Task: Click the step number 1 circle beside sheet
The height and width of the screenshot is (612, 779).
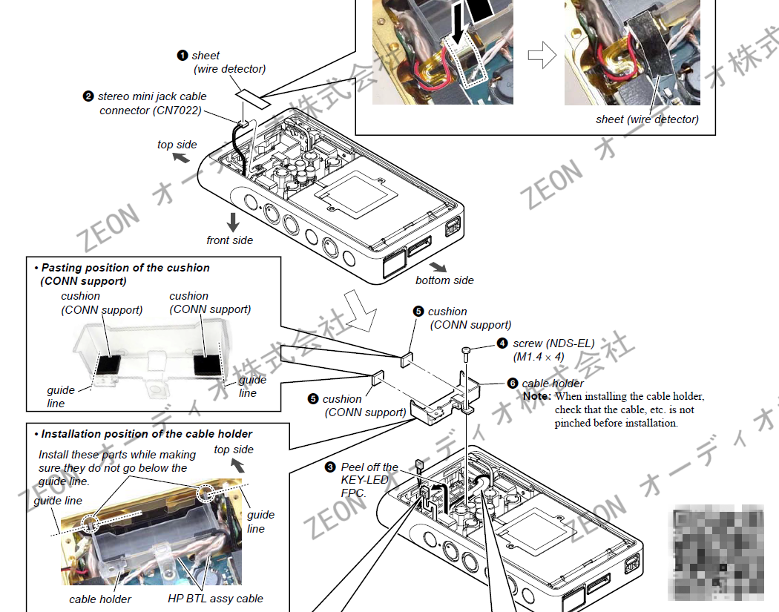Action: coord(183,56)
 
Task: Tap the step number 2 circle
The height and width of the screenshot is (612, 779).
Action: coord(88,96)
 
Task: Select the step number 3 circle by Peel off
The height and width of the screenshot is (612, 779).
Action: coord(330,467)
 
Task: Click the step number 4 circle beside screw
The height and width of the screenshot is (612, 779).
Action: coord(502,343)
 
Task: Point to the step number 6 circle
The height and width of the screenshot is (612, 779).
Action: coord(513,384)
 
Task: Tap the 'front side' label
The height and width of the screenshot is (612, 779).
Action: coord(229,240)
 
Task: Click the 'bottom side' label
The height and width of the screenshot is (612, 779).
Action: coord(444,280)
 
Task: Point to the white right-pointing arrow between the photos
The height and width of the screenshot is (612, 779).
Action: coord(542,56)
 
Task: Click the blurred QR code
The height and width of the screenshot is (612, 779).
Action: coord(718,552)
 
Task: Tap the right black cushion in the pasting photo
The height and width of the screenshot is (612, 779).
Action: coord(207,364)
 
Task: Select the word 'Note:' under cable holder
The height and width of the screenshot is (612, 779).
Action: coord(536,397)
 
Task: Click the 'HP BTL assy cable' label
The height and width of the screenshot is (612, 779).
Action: coord(215,599)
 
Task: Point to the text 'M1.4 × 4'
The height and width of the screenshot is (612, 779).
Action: coord(538,357)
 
